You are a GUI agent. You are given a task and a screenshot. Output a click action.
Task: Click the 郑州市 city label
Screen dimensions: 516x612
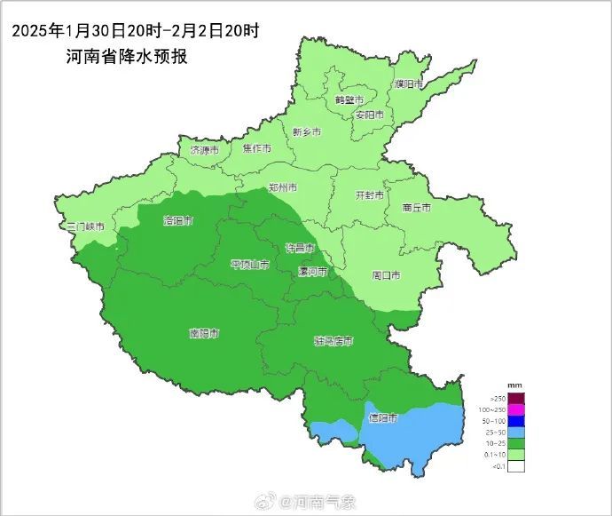point(282,187)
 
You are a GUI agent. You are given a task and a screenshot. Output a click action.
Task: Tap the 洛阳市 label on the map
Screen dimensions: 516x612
point(178,220)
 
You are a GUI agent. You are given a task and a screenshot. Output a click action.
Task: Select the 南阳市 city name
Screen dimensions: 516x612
point(204,334)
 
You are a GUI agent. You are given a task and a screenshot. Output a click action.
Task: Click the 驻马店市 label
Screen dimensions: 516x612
point(334,341)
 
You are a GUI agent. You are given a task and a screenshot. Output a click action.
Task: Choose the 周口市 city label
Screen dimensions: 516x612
point(386,275)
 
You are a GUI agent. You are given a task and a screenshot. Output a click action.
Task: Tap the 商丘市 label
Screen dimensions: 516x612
point(416,207)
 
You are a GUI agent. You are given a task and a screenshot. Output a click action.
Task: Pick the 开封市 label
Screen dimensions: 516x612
point(369,194)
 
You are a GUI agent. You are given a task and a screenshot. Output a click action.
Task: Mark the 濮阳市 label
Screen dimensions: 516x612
point(410,84)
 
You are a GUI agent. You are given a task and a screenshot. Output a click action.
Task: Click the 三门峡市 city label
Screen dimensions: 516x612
point(86,227)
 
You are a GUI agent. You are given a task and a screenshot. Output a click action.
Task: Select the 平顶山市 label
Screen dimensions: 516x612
point(249,265)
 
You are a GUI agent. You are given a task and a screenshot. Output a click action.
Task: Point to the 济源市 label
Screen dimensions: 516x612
point(204,151)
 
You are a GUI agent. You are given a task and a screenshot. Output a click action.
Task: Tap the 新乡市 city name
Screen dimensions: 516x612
point(306,131)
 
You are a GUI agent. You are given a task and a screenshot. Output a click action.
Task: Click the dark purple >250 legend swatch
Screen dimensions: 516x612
point(516,397)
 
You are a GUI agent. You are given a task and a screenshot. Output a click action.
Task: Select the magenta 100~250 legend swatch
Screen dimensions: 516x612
point(516,409)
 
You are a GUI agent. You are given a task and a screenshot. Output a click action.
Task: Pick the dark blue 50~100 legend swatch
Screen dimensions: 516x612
point(516,420)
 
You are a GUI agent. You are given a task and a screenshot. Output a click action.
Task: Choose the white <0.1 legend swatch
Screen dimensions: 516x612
point(516,465)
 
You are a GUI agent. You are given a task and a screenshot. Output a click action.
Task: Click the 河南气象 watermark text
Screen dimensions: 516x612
point(325,503)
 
